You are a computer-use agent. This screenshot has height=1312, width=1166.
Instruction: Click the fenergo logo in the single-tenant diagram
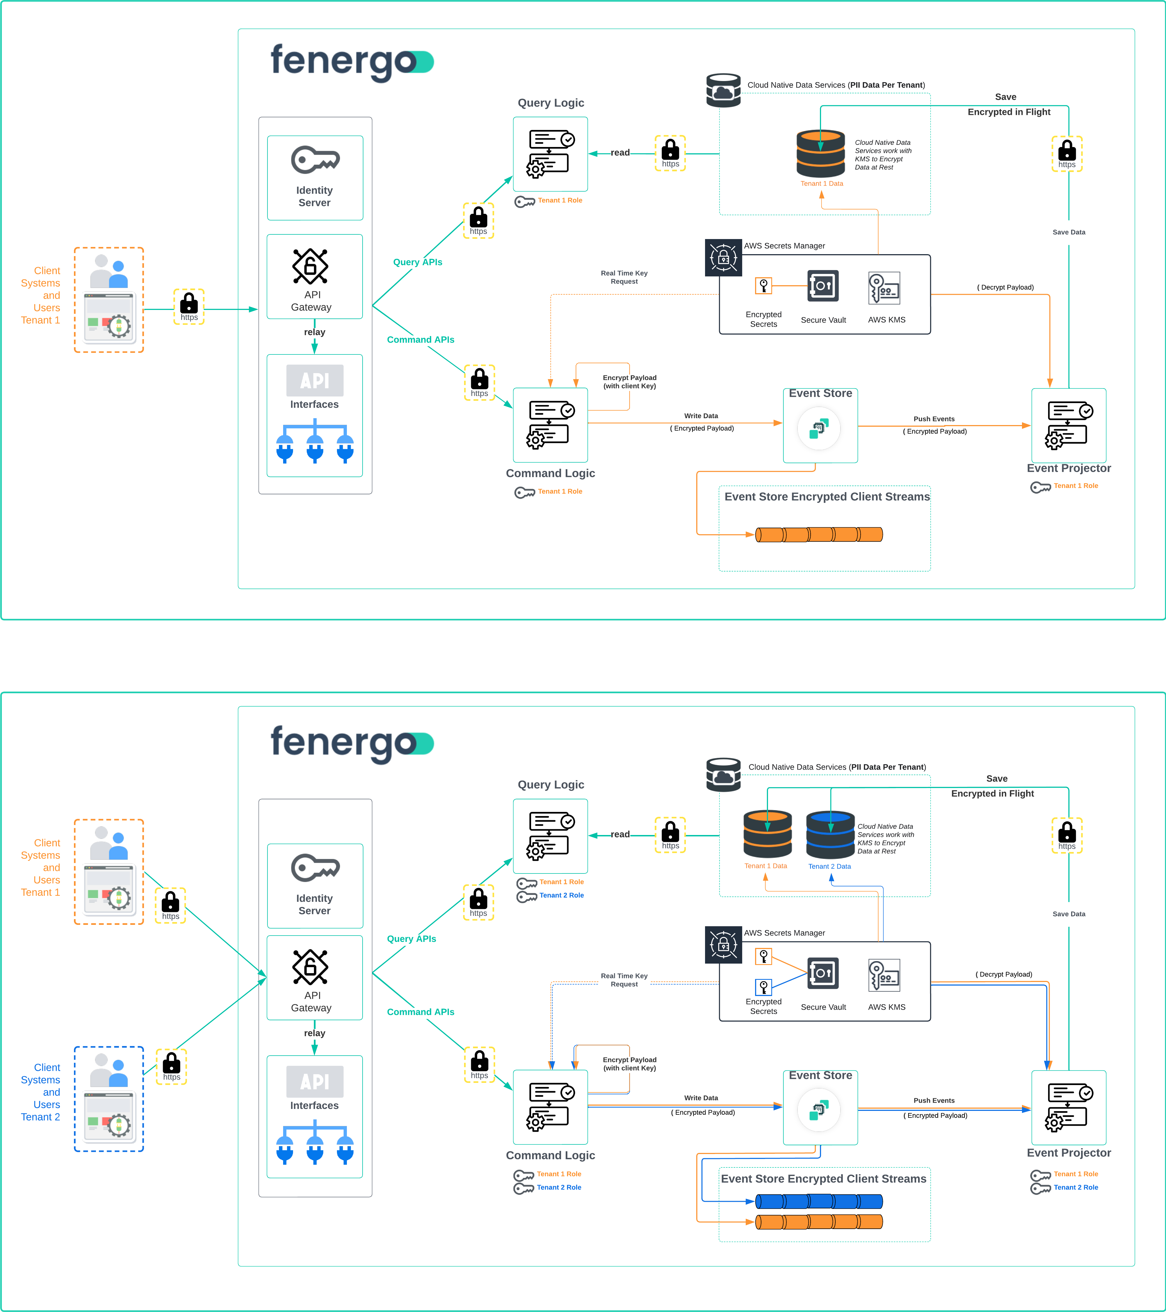point(352,62)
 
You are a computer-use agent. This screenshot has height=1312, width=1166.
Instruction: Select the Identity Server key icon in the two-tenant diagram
point(315,868)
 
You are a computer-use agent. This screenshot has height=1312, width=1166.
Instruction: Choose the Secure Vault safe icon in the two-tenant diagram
point(823,973)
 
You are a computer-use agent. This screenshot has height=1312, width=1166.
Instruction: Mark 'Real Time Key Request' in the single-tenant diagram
point(624,277)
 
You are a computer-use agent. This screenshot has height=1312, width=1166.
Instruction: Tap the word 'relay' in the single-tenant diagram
point(315,332)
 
